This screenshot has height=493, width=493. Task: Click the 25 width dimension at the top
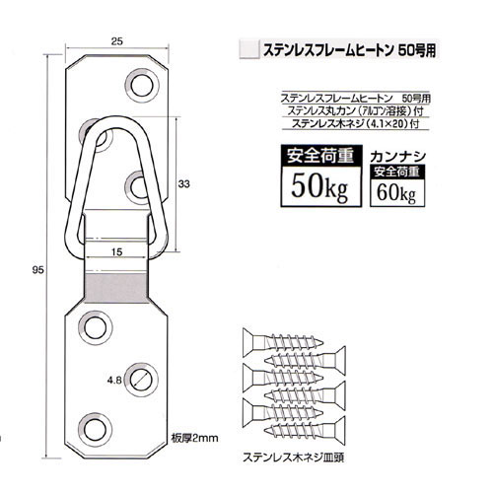116,41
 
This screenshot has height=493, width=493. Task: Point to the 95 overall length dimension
37,270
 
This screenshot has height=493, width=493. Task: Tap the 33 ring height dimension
183,184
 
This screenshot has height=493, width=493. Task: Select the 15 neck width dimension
116,251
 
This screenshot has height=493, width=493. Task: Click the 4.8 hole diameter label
114,381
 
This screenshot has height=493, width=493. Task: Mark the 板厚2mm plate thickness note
194,438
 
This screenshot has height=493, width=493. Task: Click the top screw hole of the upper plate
142,86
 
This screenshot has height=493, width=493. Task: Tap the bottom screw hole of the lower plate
96,430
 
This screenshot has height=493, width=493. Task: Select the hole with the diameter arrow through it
141,380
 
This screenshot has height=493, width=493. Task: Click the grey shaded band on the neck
116,288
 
